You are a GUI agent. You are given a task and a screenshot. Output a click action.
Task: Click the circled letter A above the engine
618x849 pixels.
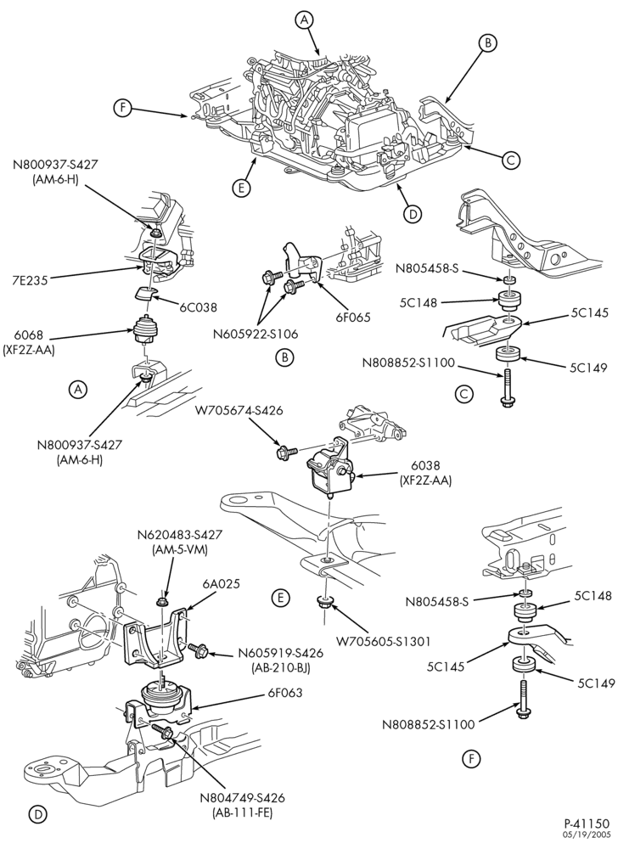pyautogui.click(x=305, y=20)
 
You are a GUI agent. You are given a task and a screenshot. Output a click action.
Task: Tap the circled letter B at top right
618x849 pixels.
pyautogui.click(x=487, y=42)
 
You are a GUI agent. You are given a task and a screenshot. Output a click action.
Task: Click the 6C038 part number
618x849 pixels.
pyautogui.click(x=199, y=307)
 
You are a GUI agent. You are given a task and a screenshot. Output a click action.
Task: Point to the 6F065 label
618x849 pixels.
pyautogui.click(x=352, y=318)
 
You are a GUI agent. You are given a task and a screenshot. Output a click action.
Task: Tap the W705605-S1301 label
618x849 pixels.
pyautogui.click(x=383, y=642)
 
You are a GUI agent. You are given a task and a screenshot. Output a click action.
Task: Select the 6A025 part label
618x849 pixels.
pyautogui.click(x=222, y=584)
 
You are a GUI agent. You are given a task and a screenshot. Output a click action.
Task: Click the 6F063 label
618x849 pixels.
pyautogui.click(x=284, y=693)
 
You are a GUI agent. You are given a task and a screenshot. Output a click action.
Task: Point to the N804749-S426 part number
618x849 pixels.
pyautogui.click(x=242, y=798)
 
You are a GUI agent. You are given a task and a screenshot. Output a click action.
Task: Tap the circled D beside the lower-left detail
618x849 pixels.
pyautogui.click(x=37, y=814)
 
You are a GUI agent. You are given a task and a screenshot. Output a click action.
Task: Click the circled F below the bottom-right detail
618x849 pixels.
pyautogui.click(x=471, y=760)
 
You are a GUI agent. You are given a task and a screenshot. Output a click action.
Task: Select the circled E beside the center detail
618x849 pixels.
pyautogui.click(x=280, y=598)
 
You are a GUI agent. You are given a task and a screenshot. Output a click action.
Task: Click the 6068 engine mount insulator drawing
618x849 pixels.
pyautogui.click(x=144, y=329)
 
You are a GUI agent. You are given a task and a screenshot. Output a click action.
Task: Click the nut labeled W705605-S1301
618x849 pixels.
pyautogui.click(x=325, y=602)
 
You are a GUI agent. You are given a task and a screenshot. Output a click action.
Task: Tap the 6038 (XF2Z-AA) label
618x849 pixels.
pyautogui.click(x=425, y=472)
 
